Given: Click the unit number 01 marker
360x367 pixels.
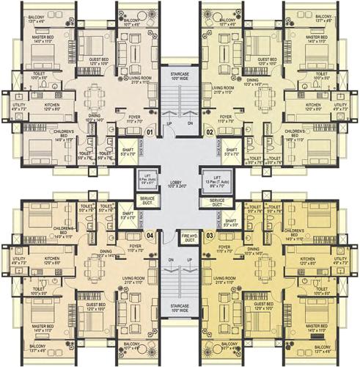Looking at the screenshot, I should click(x=150, y=132).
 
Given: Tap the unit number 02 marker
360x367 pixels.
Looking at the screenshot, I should click(x=209, y=132).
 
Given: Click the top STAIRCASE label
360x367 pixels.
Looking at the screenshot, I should click(x=180, y=75).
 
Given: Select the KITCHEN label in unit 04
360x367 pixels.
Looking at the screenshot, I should click(x=51, y=261).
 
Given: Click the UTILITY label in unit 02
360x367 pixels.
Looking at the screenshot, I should click(x=342, y=107).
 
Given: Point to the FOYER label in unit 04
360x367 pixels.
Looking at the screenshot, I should click(x=135, y=248).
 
